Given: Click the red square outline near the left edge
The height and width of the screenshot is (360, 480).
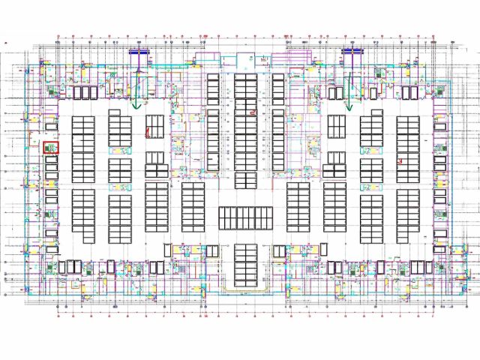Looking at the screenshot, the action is click(x=51, y=148).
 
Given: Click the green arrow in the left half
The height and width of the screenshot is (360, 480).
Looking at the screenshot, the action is click(x=136, y=105).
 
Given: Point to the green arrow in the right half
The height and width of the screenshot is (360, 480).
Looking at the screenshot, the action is click(x=349, y=105).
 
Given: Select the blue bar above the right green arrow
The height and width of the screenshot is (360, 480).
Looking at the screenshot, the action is click(x=352, y=52).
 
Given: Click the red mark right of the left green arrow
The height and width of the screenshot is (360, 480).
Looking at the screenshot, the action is click(x=148, y=133).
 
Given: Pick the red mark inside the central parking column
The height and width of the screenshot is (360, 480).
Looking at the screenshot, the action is click(x=253, y=112).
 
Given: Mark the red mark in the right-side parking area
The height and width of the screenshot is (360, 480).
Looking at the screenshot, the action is click(x=401, y=160).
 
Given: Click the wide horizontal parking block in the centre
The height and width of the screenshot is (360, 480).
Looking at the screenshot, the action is click(x=245, y=218).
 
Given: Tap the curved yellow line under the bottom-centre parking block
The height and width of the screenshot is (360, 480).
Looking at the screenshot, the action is click(x=245, y=289).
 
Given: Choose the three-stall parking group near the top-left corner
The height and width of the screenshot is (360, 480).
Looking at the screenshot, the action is click(x=85, y=92).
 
